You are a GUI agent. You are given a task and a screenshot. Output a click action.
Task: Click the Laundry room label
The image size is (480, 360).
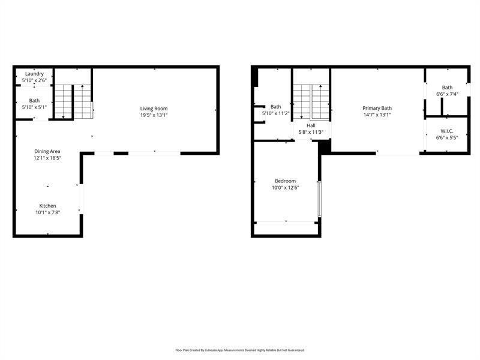[x=34, y=74]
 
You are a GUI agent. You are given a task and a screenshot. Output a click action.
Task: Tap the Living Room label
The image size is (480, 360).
[x=154, y=108]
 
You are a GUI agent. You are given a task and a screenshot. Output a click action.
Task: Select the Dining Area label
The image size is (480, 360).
[x=47, y=151]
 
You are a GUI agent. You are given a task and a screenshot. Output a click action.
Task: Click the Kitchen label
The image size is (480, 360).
[x=47, y=206]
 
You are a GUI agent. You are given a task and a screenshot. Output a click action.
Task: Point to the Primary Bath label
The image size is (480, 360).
[x=377, y=108]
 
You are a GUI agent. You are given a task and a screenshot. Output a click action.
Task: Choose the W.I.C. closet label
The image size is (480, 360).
[x=446, y=131]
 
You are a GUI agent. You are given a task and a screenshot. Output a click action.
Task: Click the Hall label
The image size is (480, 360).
[x=311, y=125]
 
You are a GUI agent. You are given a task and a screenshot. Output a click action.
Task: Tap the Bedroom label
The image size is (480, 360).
[x=285, y=181]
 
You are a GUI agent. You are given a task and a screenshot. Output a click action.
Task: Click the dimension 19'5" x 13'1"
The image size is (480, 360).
[x=154, y=115]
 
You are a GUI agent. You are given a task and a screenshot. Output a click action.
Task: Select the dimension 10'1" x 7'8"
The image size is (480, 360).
[x=47, y=212]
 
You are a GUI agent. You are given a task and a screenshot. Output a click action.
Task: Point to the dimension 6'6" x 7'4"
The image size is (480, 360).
[x=447, y=94]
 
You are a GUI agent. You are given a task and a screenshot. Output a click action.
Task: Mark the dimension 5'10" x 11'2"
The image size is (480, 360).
[x=275, y=113]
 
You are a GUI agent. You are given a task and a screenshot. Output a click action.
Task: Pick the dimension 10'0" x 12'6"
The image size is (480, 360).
[x=285, y=187]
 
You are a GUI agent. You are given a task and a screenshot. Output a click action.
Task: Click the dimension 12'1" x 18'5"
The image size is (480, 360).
[x=47, y=158]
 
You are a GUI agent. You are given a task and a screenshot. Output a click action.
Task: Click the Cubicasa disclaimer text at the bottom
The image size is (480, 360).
[x=240, y=350]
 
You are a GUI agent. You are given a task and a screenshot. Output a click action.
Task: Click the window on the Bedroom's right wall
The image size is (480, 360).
[x=320, y=198]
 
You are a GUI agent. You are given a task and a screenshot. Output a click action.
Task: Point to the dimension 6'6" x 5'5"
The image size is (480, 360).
[x=446, y=137]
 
